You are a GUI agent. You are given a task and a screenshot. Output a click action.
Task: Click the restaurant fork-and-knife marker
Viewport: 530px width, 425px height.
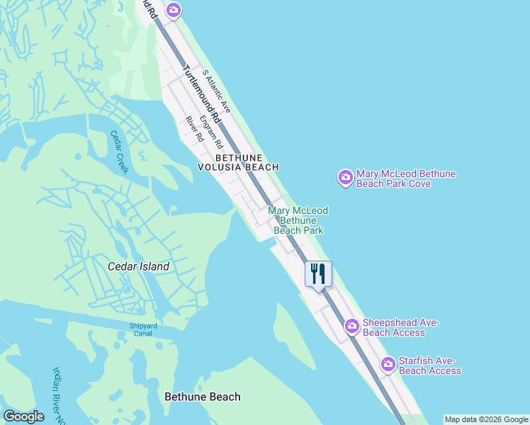click(x=318, y=273)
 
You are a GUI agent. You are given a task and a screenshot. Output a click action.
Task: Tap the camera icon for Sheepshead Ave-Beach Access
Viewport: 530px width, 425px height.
click(x=352, y=327)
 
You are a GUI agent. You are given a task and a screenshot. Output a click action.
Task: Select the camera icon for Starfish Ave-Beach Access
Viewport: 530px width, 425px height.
click(x=388, y=365)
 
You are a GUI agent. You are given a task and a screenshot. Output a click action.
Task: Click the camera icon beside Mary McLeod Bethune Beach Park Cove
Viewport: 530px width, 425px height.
click(x=345, y=178)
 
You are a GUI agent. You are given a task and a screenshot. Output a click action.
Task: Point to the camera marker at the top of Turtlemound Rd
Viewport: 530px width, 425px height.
click(x=174, y=10)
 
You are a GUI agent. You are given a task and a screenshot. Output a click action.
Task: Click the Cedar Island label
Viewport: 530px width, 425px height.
click(x=138, y=266)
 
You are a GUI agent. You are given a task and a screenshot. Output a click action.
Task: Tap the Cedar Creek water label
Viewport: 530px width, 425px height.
click(x=119, y=152)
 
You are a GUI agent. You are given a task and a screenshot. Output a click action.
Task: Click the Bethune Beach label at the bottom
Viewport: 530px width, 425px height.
click(x=202, y=397)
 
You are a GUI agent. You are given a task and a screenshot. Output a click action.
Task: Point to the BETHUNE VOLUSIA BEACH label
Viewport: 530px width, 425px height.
click(x=238, y=162)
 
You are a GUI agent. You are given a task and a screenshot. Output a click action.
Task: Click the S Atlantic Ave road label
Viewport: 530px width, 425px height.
click(x=217, y=91)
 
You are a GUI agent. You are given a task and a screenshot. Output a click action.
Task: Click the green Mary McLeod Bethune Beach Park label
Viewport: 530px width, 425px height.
click(x=298, y=220)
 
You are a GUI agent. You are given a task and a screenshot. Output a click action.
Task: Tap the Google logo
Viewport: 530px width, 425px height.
click(x=23, y=416)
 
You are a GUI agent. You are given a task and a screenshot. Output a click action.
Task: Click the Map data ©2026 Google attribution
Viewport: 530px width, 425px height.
click(x=486, y=419)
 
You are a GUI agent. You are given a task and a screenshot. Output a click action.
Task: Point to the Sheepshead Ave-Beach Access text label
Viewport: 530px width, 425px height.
click(x=401, y=327)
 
